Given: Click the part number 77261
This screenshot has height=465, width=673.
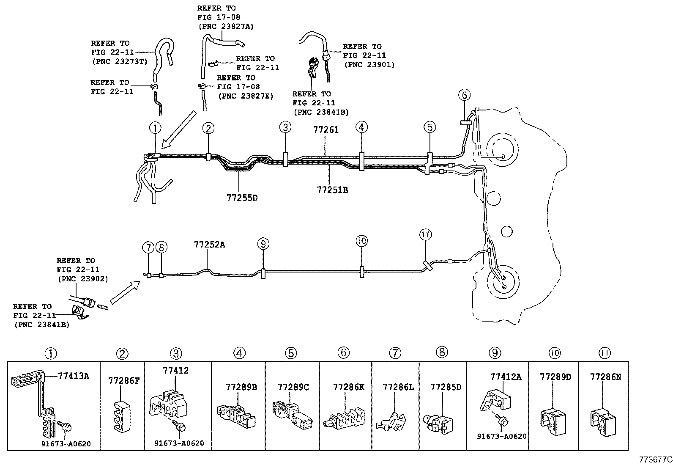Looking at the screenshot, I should tap(326, 130).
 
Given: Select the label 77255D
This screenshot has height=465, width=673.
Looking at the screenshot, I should tap(241, 198).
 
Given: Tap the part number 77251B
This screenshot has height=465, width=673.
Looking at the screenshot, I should tap(332, 190).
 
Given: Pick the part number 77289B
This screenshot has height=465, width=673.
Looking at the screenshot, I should tap(241, 387).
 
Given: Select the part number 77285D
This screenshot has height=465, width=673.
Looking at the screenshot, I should tap(446, 387).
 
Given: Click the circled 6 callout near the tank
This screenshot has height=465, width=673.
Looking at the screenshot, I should tap(464, 95).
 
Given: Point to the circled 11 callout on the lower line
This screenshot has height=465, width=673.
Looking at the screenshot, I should tap(425, 234).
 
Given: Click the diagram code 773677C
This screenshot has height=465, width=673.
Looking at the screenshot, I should tap(656, 459).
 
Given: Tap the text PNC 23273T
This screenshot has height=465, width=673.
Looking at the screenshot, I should tap(119, 61).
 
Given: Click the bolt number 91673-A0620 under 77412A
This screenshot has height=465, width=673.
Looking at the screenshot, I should tap(502, 436).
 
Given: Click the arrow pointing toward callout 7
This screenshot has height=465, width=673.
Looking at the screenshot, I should tap(124, 293).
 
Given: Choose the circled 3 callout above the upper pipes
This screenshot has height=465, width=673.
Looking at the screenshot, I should tap(285, 127).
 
